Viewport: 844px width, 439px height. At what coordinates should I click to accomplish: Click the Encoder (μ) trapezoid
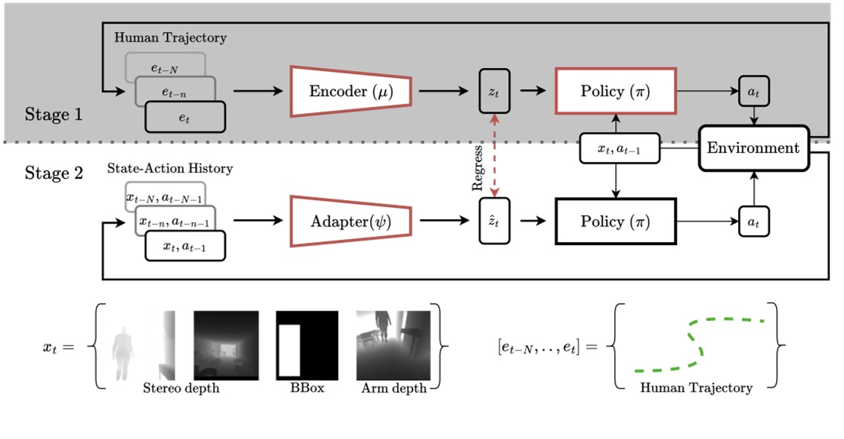[350, 92]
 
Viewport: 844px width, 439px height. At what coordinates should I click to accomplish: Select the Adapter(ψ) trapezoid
[350, 221]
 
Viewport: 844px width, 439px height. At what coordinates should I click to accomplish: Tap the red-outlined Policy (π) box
[614, 92]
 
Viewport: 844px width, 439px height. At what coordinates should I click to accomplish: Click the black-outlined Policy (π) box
[614, 221]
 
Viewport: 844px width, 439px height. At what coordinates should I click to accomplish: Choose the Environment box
[753, 147]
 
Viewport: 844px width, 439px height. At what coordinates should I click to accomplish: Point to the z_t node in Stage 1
[493, 92]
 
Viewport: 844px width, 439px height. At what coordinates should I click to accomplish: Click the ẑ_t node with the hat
[493, 221]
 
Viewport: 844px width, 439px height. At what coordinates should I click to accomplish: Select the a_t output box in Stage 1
[754, 92]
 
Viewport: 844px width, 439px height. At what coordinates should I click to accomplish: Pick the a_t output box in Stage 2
[754, 221]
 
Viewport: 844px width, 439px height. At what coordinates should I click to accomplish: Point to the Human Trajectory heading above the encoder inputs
[170, 37]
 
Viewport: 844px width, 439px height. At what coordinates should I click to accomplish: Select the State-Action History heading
[170, 168]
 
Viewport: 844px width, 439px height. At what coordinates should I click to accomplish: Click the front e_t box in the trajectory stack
[185, 117]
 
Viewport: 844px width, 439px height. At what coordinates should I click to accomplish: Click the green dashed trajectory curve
[698, 344]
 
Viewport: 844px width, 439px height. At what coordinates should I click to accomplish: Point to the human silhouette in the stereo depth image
[123, 352]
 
